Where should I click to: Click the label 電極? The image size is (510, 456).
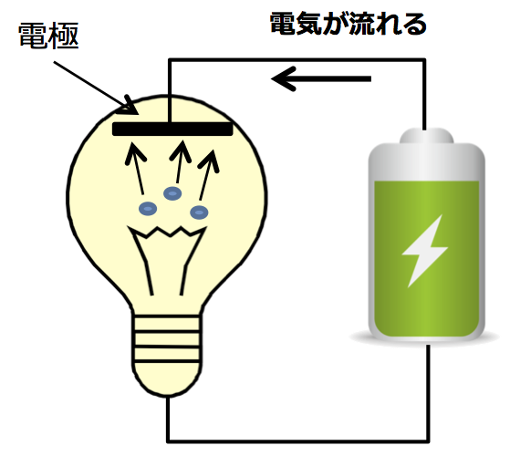48,36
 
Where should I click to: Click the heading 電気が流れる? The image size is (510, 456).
349,24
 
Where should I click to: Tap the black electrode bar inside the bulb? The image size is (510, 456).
172,129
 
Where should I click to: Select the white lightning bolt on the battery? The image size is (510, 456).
424,251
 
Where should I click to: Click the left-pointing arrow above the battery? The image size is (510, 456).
321,78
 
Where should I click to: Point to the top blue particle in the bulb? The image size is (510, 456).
172,193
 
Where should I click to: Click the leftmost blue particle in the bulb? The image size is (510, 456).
148,209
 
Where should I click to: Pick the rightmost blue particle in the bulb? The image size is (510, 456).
199,212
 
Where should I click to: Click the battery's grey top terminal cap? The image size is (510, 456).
426,136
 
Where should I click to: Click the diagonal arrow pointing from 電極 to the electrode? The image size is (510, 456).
97,88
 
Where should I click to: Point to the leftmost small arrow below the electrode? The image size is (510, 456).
136,169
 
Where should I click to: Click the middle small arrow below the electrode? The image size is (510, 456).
180,161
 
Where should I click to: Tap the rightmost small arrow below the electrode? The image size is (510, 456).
208,175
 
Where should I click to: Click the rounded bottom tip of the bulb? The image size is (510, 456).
168,391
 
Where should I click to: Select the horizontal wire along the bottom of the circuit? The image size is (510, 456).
298,441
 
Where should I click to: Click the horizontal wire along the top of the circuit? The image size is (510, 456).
297,60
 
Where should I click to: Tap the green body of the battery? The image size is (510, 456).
427,259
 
